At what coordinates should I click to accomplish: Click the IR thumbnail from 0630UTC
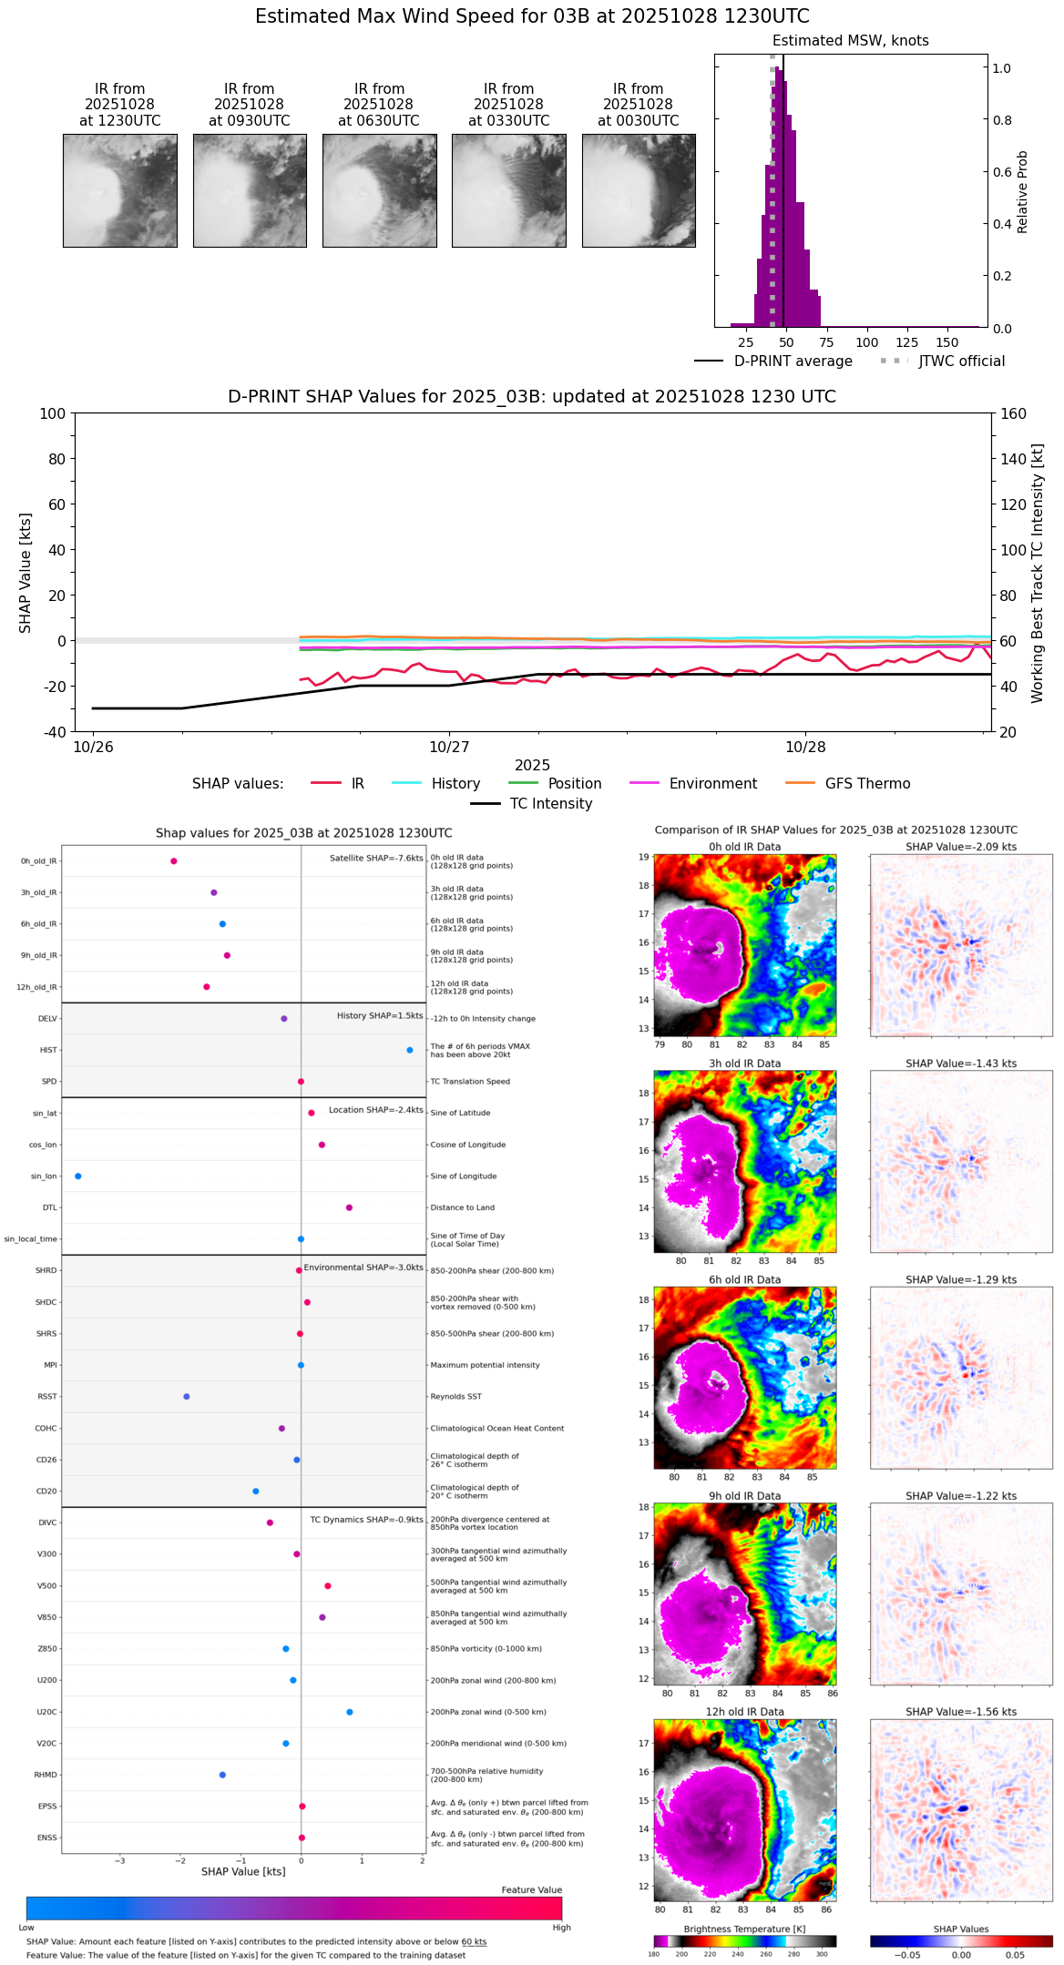point(379,190)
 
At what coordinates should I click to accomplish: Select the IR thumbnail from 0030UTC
point(639,190)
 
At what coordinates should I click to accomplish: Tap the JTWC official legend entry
point(961,361)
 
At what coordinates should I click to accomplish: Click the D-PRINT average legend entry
point(793,361)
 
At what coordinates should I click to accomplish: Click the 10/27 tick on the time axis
point(449,747)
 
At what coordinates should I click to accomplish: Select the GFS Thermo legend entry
point(867,784)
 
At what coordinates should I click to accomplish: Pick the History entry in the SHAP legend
point(455,784)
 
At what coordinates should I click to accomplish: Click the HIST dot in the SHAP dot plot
point(410,1050)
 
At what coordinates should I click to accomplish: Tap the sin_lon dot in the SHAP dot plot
point(78,1176)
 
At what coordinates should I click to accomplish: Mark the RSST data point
point(187,1397)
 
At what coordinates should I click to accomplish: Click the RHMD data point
point(222,1775)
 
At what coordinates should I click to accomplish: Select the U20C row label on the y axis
point(46,1712)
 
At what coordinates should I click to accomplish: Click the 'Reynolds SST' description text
point(455,1397)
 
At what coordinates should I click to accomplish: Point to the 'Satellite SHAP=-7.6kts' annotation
point(376,858)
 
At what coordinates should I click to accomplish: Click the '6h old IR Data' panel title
point(744,1279)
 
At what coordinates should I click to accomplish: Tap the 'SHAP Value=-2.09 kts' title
point(961,847)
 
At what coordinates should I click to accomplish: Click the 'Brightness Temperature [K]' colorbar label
point(744,1929)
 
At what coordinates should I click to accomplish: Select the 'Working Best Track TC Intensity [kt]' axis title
point(1038,573)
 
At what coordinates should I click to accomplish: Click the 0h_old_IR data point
point(174,861)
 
